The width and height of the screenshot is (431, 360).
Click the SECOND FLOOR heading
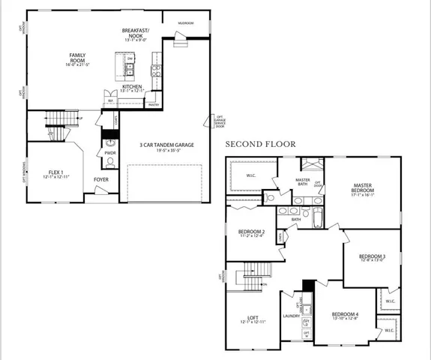[x=262, y=143]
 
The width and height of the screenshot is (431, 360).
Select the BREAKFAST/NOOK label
[x=136, y=33]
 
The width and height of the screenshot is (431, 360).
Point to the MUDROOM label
[x=185, y=23]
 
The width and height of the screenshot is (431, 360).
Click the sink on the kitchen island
[x=129, y=70]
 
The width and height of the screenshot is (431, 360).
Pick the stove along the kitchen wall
[x=155, y=72]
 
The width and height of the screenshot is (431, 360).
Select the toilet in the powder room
[x=109, y=163]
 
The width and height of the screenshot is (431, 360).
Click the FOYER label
[x=100, y=179]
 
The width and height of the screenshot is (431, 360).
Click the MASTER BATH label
[x=303, y=181]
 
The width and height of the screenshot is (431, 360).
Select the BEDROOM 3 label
[x=373, y=258]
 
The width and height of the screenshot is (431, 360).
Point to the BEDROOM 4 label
[x=345, y=315]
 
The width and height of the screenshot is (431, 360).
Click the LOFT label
[x=251, y=319]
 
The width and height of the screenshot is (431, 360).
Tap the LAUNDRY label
[x=291, y=316]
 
